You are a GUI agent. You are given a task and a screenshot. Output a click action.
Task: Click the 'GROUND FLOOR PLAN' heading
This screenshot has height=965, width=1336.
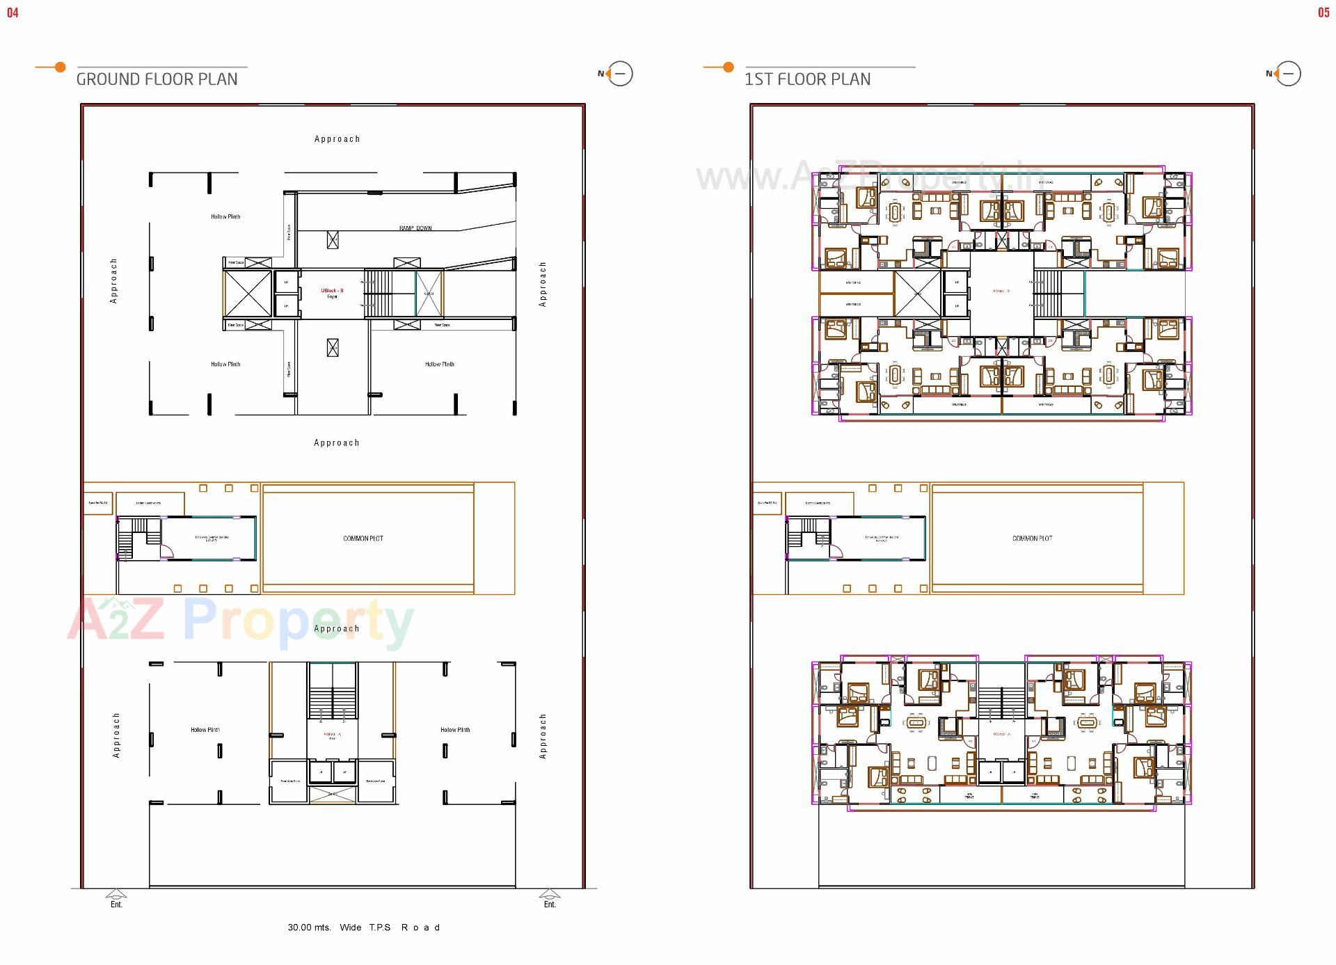pyautogui.click(x=157, y=79)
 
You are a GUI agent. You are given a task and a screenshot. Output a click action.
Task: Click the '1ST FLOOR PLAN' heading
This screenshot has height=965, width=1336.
pyautogui.click(x=807, y=79)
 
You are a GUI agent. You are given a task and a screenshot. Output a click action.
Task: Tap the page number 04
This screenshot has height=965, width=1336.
pyautogui.click(x=13, y=13)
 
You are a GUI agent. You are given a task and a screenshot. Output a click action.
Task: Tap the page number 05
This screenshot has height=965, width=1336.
pyautogui.click(x=1323, y=13)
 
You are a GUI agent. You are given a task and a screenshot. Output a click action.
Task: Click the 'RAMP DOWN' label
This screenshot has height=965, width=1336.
pyautogui.click(x=415, y=228)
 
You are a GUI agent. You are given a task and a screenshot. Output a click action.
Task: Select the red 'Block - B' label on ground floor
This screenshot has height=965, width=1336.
pyautogui.click(x=332, y=291)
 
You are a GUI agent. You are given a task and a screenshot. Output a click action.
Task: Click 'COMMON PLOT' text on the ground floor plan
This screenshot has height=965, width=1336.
pyautogui.click(x=363, y=539)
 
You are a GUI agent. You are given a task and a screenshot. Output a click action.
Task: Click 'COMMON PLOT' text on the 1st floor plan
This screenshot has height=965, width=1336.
pyautogui.click(x=1032, y=539)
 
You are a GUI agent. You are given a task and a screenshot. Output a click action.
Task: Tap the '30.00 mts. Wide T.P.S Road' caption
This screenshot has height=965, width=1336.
pyautogui.click(x=364, y=927)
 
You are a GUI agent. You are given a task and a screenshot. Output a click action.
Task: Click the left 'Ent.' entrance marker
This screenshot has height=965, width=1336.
pyautogui.click(x=116, y=904)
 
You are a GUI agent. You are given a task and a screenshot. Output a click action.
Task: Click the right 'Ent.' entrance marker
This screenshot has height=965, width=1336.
pyautogui.click(x=550, y=904)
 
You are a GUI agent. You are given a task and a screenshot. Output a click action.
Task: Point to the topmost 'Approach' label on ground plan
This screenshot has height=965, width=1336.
pyautogui.click(x=337, y=139)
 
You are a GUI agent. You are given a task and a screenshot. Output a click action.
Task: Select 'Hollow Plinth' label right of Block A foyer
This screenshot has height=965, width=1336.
pyautogui.click(x=455, y=730)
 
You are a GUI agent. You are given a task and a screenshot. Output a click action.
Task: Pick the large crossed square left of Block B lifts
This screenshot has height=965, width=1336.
pyautogui.click(x=248, y=294)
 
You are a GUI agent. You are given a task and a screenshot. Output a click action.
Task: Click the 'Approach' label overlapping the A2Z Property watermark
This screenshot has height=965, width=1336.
pyautogui.click(x=337, y=628)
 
